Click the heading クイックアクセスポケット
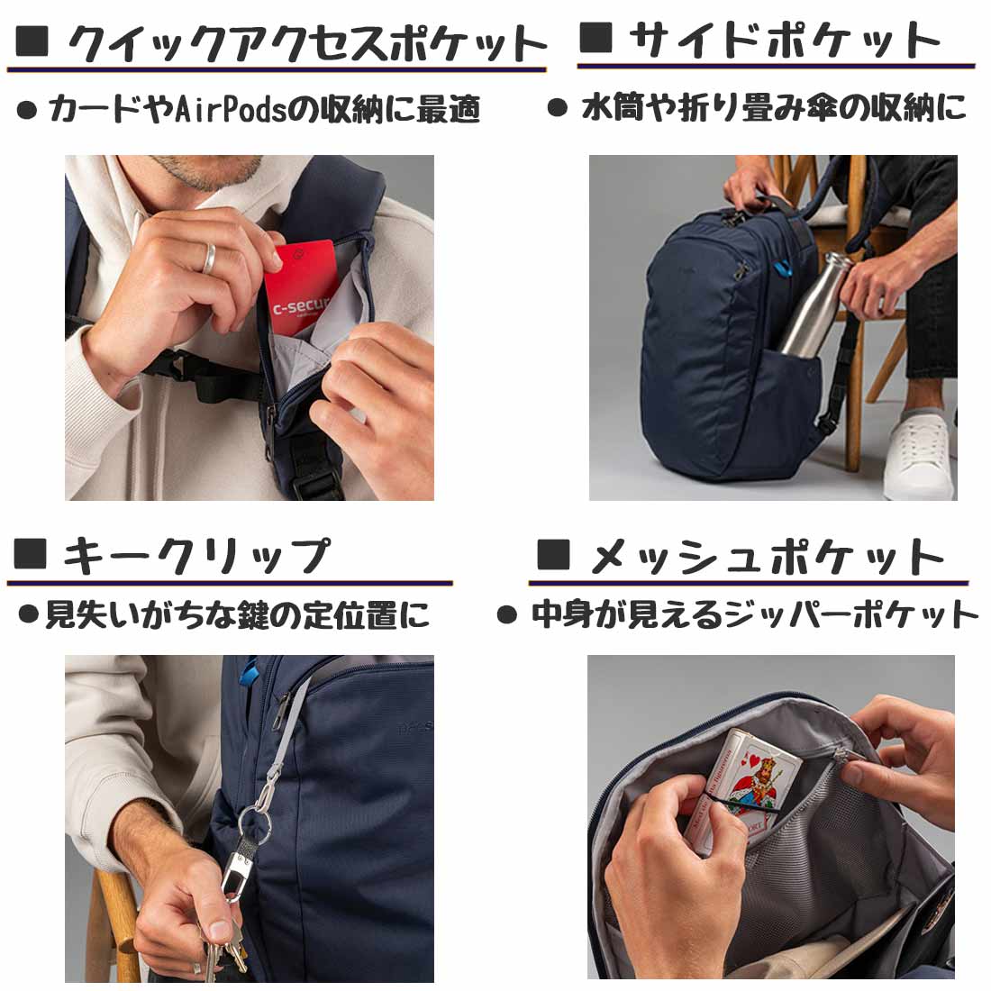tap(306, 43)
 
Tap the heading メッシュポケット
tap(766, 559)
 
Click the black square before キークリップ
tap(31, 553)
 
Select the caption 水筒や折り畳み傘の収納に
tap(773, 109)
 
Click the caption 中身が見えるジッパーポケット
tap(753, 615)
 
